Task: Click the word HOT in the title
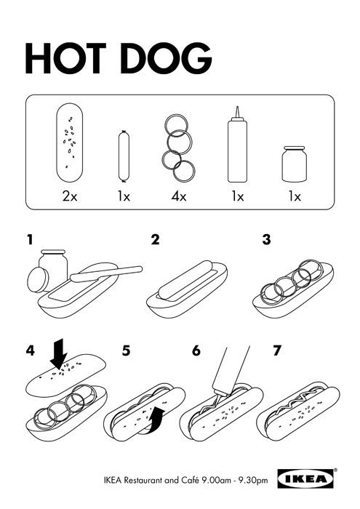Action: [x=66, y=58]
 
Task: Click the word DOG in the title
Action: [x=167, y=58]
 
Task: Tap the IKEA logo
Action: [x=305, y=478]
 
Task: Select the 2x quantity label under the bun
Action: [x=70, y=196]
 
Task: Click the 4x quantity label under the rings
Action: [x=179, y=196]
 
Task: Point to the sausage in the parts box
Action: [x=124, y=156]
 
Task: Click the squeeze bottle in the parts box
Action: [x=237, y=145]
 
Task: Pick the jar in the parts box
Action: [x=294, y=164]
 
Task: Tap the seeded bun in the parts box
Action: [x=70, y=143]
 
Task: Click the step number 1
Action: [x=30, y=240]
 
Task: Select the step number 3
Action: [x=266, y=239]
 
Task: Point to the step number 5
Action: [x=126, y=351]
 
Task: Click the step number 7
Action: [x=276, y=351]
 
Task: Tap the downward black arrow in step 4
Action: [x=59, y=355]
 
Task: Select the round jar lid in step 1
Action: [x=38, y=279]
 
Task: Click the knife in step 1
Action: [x=106, y=273]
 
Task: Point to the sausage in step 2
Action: [x=185, y=279]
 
